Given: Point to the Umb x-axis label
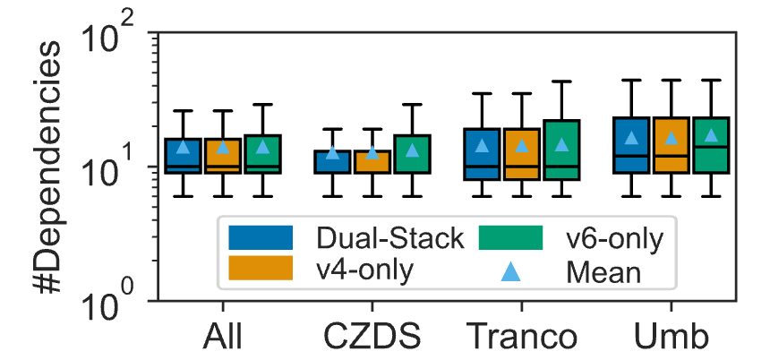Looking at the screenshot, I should (672, 339).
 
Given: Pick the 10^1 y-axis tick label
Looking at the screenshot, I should (110, 171).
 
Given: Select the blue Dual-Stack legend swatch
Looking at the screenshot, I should (261, 237).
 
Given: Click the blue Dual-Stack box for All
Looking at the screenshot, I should (183, 156).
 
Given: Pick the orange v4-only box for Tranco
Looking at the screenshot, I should (522, 154).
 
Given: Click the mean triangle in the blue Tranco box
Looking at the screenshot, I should (482, 145).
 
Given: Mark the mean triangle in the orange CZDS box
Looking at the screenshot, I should (372, 152).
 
